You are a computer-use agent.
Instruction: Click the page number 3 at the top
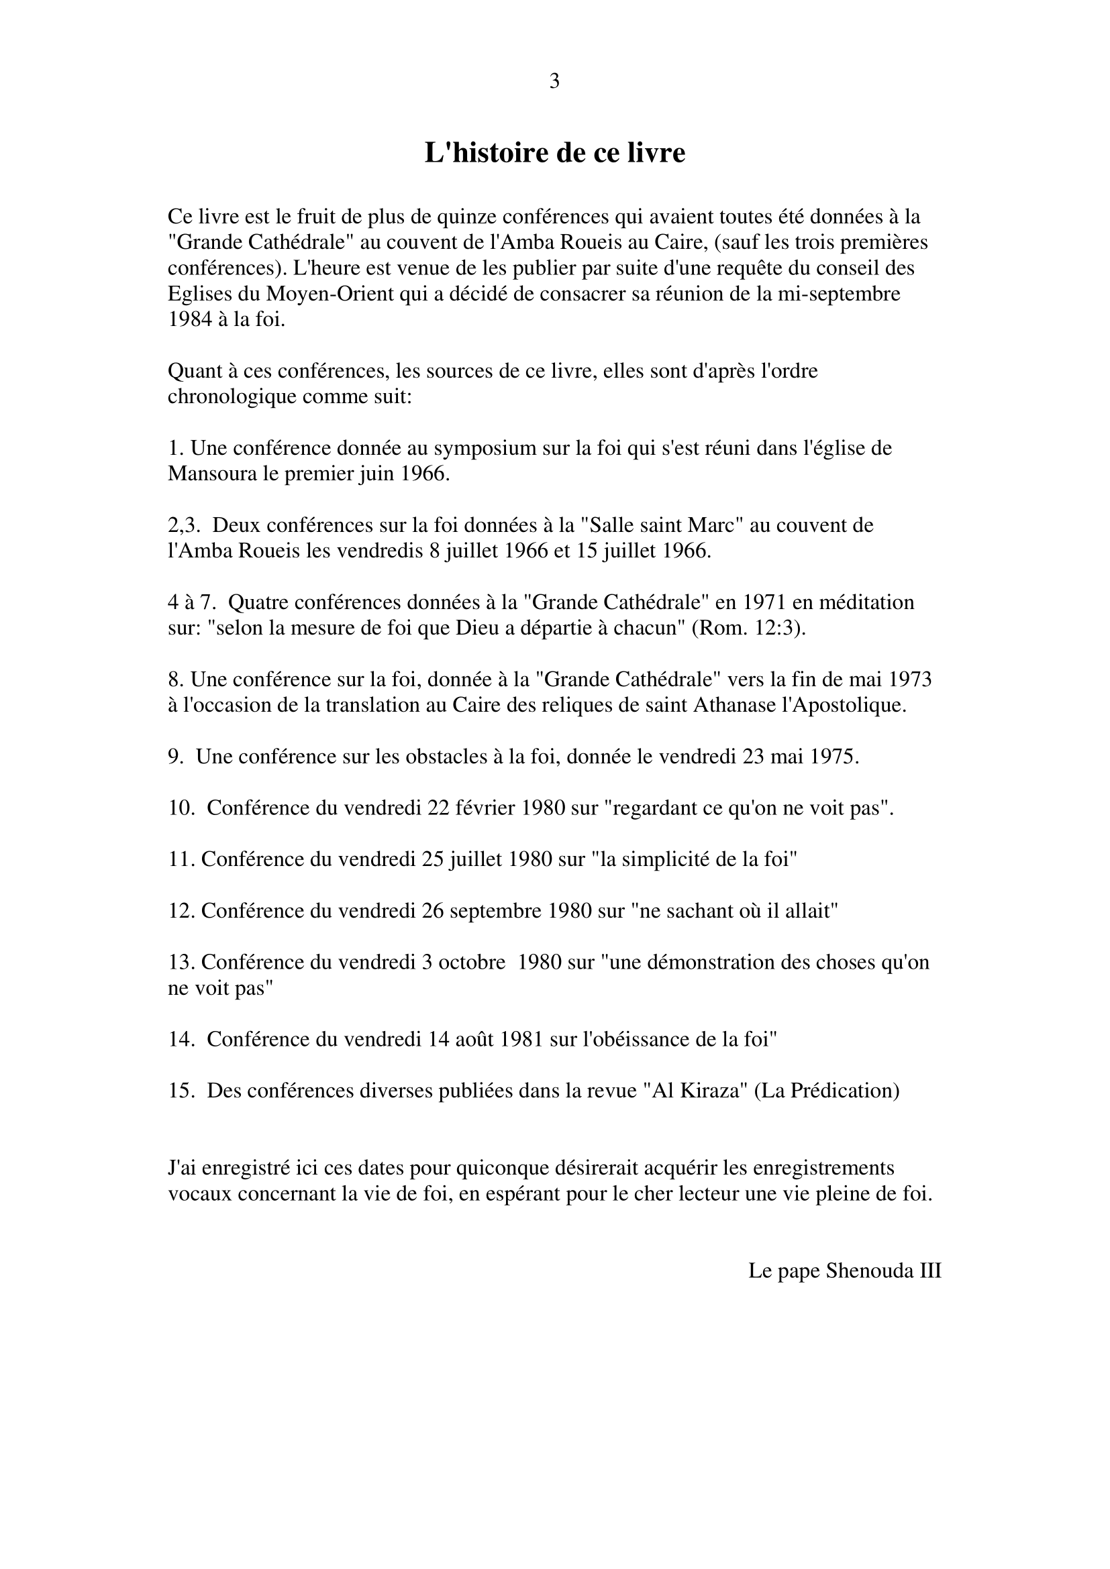554,82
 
